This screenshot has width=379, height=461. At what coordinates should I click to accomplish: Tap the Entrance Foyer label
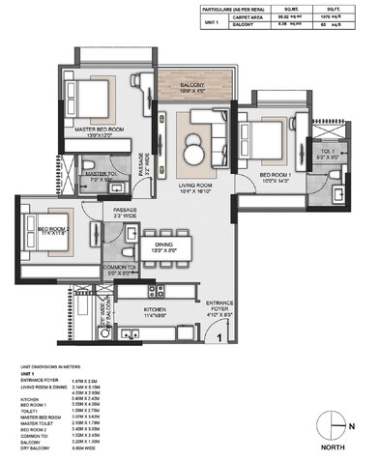pos(219,304)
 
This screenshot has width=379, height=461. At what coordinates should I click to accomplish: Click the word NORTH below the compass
pos(334,447)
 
